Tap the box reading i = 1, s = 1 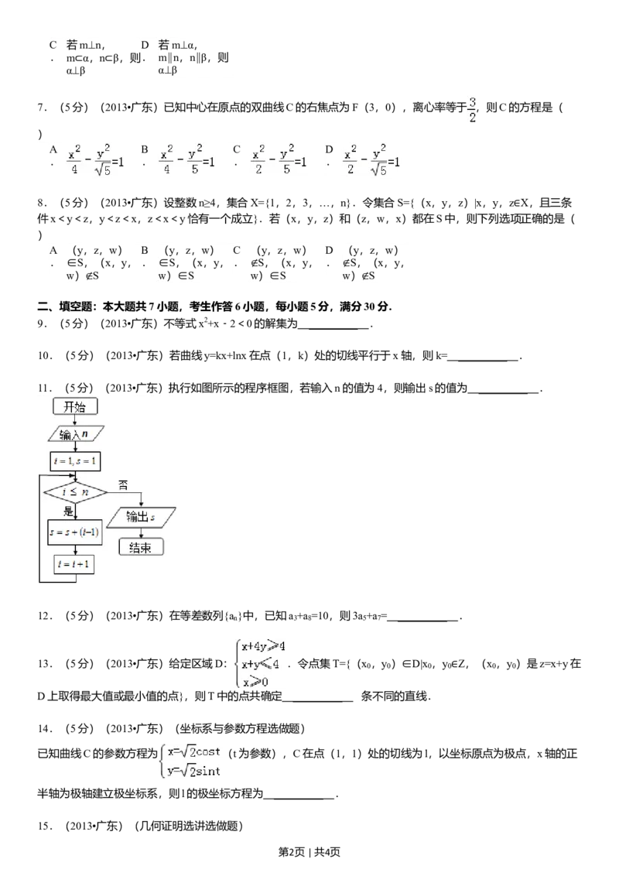click(x=74, y=460)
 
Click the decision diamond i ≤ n click(x=75, y=491)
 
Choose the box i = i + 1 click(x=74, y=564)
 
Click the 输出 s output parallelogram click(x=141, y=517)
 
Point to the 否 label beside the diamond click(x=122, y=484)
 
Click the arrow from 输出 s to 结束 click(x=140, y=533)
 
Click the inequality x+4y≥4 click(x=263, y=646)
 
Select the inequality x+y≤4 click(x=260, y=664)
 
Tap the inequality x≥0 click(x=255, y=683)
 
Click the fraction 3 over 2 click(x=471, y=109)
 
